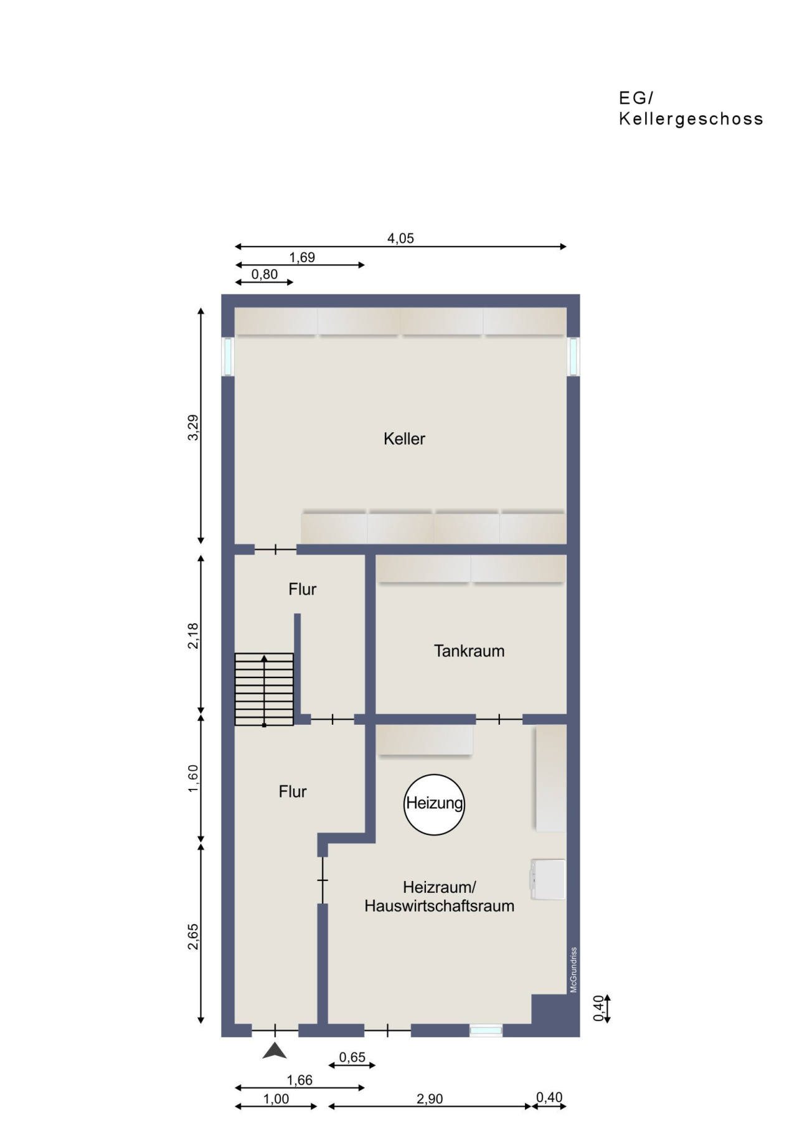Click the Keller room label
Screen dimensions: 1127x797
coord(404,439)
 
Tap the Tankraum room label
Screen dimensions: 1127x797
coord(469,651)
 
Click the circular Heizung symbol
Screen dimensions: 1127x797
coord(435,804)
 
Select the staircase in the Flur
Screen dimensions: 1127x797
coord(264,689)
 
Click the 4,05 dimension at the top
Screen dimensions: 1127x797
coord(400,238)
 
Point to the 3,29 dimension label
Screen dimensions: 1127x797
coord(194,428)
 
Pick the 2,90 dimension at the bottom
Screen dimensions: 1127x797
coord(430,1099)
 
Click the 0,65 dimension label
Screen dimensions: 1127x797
coord(352,1057)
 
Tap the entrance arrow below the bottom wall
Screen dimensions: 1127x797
coord(275,1051)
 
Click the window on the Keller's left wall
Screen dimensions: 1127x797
coord(228,356)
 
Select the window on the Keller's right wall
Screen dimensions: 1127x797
coord(573,356)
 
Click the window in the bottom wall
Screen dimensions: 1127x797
coord(486,1031)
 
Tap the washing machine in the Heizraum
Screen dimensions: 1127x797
coord(549,879)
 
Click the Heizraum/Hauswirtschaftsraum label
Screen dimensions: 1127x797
coord(439,897)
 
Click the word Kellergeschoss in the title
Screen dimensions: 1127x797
coord(691,119)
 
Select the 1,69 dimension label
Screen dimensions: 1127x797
coord(302,257)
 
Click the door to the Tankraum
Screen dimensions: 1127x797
coord(499,720)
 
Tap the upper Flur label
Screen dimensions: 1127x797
coord(302,589)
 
